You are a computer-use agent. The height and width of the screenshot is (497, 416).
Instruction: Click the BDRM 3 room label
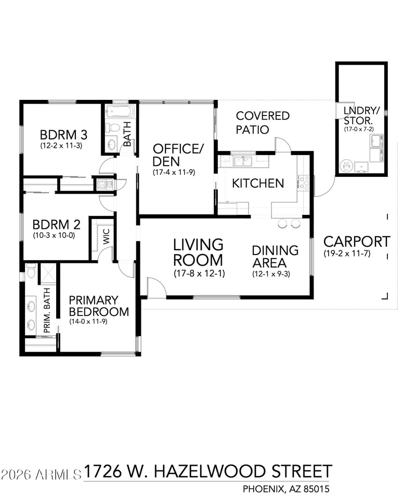click(x=63, y=135)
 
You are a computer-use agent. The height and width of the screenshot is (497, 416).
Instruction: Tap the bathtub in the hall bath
click(x=120, y=111)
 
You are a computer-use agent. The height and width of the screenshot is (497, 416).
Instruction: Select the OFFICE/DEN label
click(x=178, y=155)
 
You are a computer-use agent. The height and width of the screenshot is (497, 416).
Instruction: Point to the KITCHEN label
click(x=258, y=183)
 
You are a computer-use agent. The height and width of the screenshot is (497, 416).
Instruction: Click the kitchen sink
click(x=242, y=161)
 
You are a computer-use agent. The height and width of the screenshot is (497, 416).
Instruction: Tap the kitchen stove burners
click(x=303, y=183)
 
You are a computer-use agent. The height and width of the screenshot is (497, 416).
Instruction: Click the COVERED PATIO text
click(x=263, y=123)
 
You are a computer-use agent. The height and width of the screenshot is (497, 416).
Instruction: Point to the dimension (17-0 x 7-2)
click(x=359, y=129)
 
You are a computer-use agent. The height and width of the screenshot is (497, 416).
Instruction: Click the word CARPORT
click(x=357, y=241)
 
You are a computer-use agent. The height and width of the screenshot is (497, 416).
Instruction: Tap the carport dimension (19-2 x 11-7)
click(x=347, y=253)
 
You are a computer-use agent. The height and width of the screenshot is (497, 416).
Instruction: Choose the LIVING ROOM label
click(x=198, y=252)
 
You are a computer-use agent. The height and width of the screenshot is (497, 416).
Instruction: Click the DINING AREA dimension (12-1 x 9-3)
click(x=271, y=274)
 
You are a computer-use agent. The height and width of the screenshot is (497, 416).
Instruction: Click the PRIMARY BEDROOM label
click(x=99, y=306)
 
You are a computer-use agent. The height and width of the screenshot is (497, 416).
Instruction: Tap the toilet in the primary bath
click(x=31, y=271)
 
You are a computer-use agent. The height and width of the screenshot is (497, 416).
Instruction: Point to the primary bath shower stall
click(x=47, y=274)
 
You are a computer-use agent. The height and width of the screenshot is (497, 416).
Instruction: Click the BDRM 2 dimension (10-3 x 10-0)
click(x=54, y=236)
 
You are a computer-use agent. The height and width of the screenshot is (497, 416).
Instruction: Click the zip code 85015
click(x=317, y=489)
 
